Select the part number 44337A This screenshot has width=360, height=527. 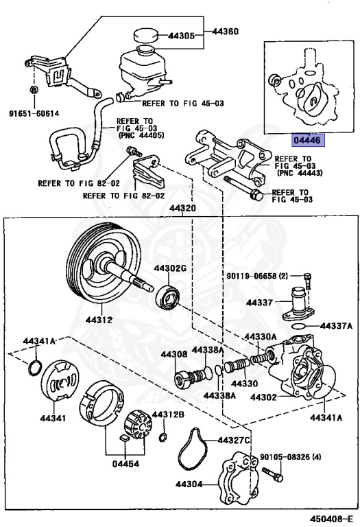(337, 326)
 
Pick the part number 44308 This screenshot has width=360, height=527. (173, 354)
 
